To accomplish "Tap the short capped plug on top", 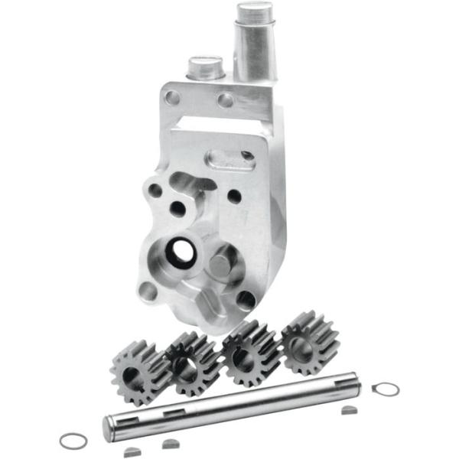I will pyautogui.click(x=205, y=70).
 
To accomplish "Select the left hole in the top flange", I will pyautogui.click(x=174, y=98).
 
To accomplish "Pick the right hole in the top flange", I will pyautogui.click(x=226, y=99).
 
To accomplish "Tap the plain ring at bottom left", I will pyautogui.click(x=73, y=441).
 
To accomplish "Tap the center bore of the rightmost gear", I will pyautogui.click(x=303, y=345).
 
